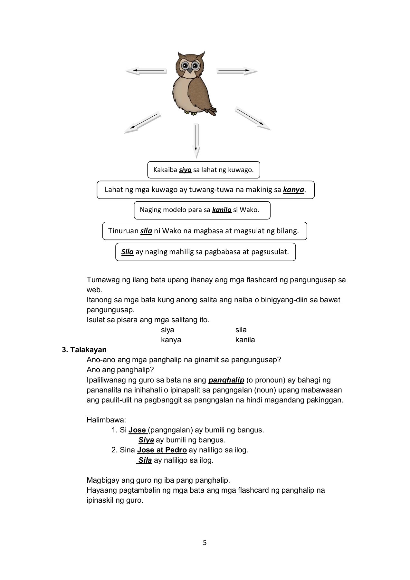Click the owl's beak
190,70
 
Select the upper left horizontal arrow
146,71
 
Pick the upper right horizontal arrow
237,71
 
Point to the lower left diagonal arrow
142,122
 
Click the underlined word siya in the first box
185,170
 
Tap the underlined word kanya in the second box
293,190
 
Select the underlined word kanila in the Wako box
222,210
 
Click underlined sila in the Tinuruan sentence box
146,231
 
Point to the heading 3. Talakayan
84,350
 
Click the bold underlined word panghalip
226,380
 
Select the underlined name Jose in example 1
138,430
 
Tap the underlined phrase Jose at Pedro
162,450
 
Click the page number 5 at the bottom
205,543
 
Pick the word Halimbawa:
106,420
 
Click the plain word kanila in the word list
245,340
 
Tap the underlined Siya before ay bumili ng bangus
146,440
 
